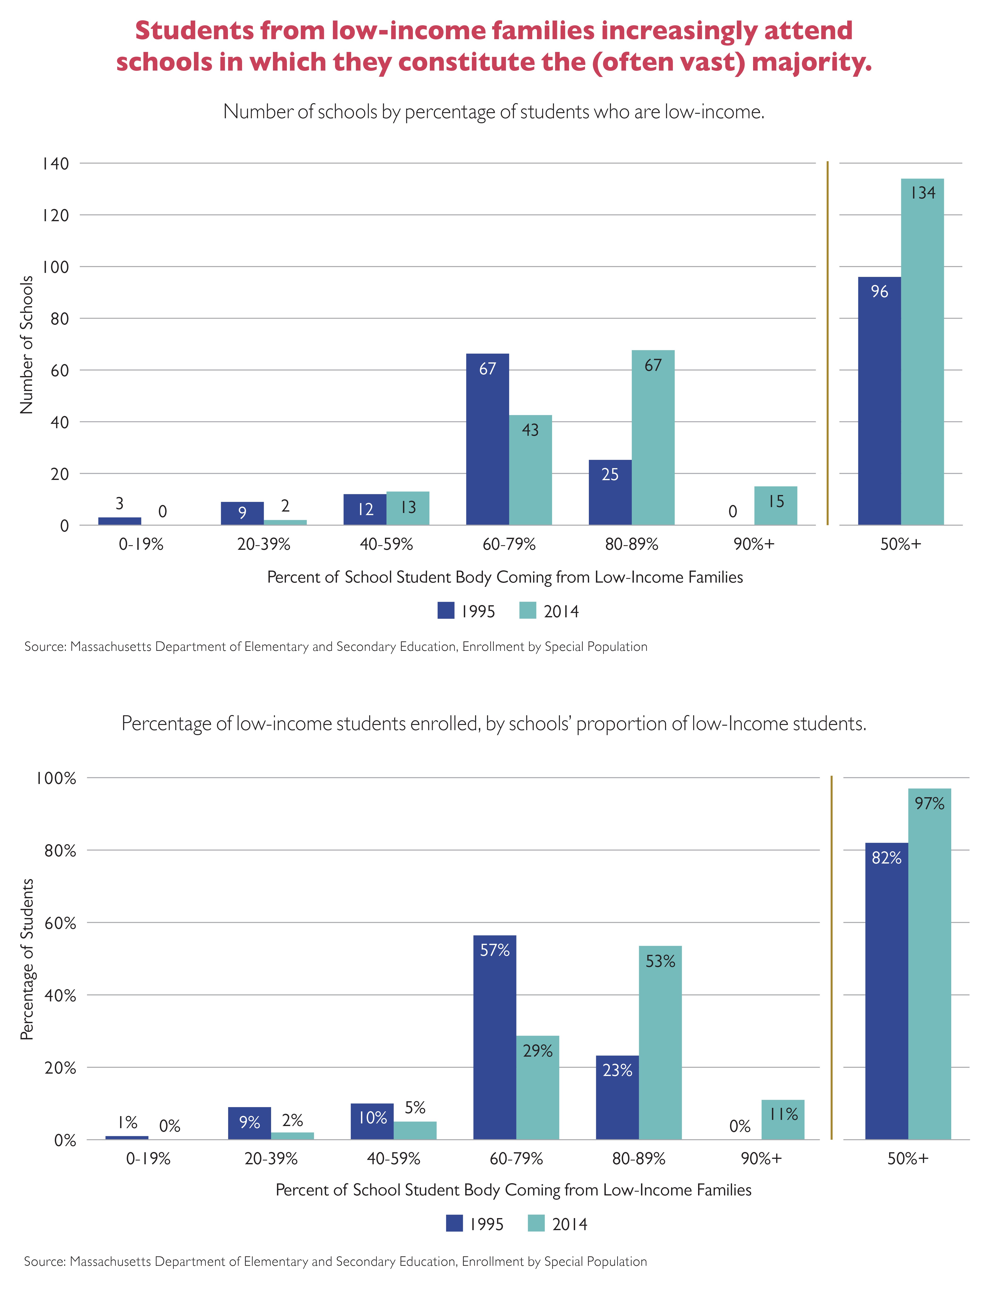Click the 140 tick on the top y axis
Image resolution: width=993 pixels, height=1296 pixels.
click(x=55, y=164)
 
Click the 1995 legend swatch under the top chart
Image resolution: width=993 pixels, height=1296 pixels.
click(x=446, y=610)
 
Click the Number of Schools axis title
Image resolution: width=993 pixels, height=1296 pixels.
click(x=27, y=345)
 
